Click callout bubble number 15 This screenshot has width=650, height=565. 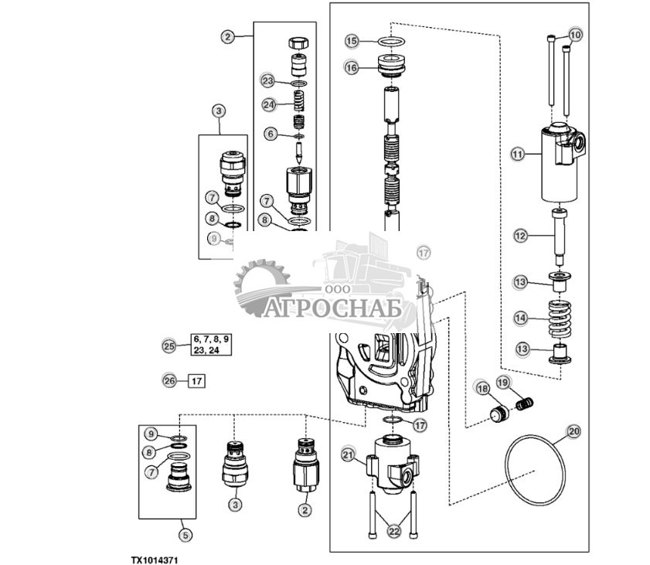click(x=352, y=40)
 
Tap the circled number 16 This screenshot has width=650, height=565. click(x=352, y=68)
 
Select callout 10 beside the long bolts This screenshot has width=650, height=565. click(x=575, y=35)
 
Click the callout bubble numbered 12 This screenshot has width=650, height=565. click(x=520, y=234)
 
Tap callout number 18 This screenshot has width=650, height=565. click(x=482, y=387)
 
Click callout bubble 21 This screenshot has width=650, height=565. click(x=349, y=455)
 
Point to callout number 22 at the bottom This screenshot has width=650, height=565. click(x=394, y=531)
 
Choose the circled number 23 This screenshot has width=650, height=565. click(x=267, y=81)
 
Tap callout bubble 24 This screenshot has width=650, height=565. click(x=267, y=104)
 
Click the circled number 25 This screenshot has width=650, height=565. click(x=170, y=346)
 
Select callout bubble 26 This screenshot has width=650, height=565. click(x=170, y=380)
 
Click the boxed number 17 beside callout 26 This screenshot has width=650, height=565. click(x=196, y=380)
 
